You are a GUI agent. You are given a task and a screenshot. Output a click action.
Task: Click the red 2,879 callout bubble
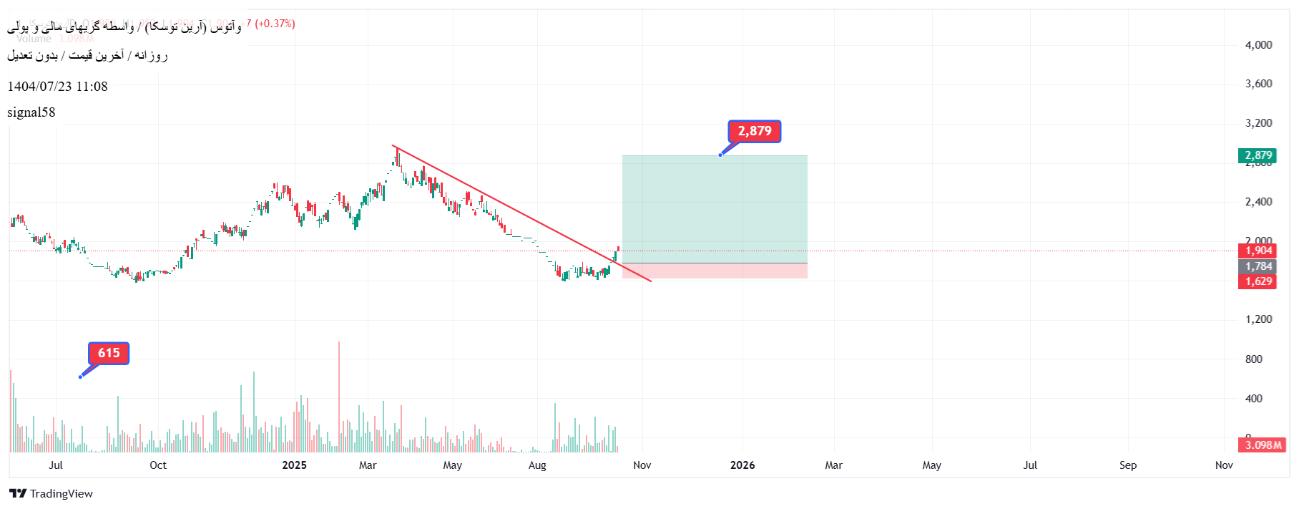tap(754, 131)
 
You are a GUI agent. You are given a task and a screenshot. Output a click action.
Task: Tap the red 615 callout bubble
tap(109, 353)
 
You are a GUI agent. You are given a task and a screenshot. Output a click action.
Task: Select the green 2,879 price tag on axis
tap(1258, 155)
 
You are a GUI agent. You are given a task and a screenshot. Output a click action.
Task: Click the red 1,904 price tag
tap(1258, 251)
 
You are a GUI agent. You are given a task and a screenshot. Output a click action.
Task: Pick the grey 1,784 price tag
tap(1258, 266)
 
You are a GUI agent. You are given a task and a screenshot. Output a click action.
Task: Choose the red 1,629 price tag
tap(1258, 281)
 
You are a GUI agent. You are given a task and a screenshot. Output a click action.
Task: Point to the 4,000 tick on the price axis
tap(1258, 44)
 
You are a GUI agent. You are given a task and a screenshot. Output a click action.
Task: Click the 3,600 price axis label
tap(1258, 84)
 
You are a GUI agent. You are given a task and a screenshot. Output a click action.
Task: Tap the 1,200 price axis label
tap(1258, 319)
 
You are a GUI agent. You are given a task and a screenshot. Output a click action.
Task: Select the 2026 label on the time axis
tap(742, 465)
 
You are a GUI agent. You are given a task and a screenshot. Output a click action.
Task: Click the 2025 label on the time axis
tap(294, 465)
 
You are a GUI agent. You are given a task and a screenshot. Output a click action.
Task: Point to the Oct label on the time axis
tap(158, 465)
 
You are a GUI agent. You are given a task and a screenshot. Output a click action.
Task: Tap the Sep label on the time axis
tap(1128, 465)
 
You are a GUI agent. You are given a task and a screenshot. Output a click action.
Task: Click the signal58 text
tap(31, 112)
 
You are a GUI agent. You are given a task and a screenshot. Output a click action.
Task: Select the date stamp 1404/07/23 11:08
tap(57, 87)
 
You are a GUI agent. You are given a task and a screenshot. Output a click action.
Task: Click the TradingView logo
tap(52, 493)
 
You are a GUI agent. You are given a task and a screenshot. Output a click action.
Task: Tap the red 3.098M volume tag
tap(1263, 445)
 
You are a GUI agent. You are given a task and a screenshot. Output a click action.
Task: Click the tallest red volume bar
tap(339, 397)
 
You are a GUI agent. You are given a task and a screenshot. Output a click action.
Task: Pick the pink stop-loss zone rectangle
tap(715, 271)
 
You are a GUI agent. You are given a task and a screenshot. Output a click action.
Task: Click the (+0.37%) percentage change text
tap(275, 24)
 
